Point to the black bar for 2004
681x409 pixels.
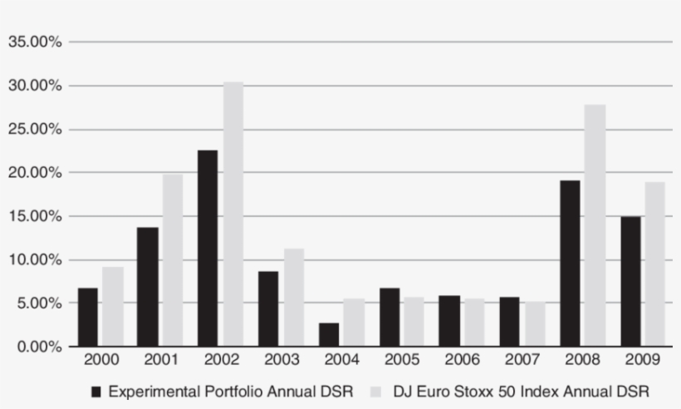pyautogui.click(x=329, y=334)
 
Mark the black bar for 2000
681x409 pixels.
pyautogui.click(x=88, y=317)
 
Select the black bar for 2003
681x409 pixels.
pyautogui.click(x=268, y=308)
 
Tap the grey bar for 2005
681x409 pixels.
pyautogui.click(x=414, y=321)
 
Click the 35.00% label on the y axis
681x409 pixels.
pyautogui.click(x=36, y=42)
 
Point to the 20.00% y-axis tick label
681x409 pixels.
pyautogui.click(x=36, y=173)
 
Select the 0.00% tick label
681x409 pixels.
pyautogui.click(x=39, y=347)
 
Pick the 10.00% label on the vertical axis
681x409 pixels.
pyautogui.click(x=36, y=259)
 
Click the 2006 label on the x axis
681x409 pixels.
pyautogui.click(x=463, y=361)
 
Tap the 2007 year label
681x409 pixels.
pyautogui.click(x=523, y=361)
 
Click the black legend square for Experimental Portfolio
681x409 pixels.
pyautogui.click(x=96, y=391)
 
